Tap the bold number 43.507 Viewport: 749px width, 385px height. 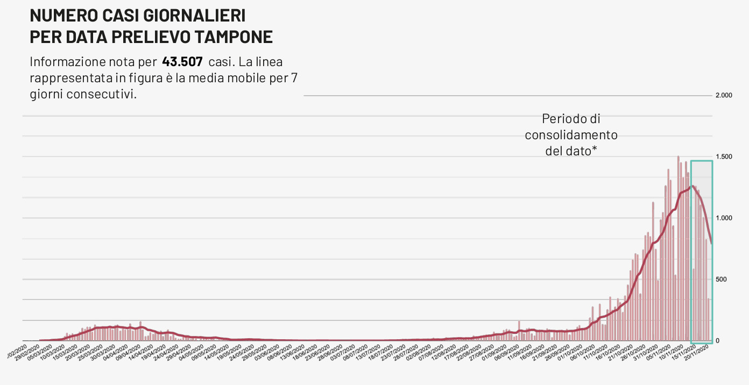click(182, 61)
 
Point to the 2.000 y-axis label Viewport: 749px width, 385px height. click(724, 96)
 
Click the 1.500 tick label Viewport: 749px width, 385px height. click(724, 157)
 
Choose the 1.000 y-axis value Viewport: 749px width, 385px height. click(724, 218)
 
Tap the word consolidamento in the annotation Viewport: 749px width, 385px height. click(571, 135)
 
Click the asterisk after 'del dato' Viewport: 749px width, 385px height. click(594, 150)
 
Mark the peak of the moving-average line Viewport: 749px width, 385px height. click(691, 186)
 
